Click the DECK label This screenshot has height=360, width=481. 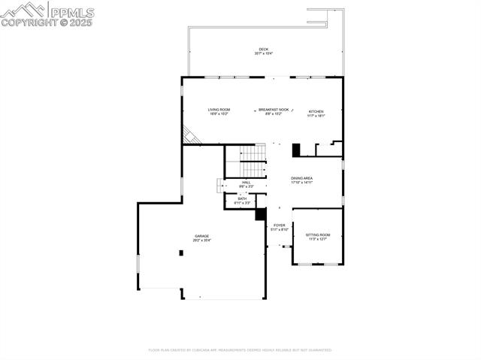coord(263,50)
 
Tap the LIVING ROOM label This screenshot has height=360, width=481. coord(219,110)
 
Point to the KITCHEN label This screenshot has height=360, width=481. coord(316,112)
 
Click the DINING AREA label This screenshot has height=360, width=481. coord(301,178)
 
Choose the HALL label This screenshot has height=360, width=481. coord(246,182)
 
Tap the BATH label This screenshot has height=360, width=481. coord(242,198)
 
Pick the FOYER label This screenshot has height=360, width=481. coord(279,225)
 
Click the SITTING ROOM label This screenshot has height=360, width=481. coord(317,235)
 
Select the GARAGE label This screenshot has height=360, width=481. coord(202,236)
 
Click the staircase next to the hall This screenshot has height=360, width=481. coord(255,154)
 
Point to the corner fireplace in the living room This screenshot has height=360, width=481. coord(191,136)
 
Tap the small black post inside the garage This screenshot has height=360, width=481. coord(181,253)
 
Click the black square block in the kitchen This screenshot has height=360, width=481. coord(296,149)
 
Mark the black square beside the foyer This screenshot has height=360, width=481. coord(261,214)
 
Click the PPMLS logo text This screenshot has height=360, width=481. coord(71,11)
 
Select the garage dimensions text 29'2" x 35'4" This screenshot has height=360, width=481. coord(202,241)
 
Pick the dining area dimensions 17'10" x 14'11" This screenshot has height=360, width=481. coord(301,183)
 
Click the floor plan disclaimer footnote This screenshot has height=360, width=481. coord(240,349)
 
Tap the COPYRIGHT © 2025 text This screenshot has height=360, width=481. coord(47,23)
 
